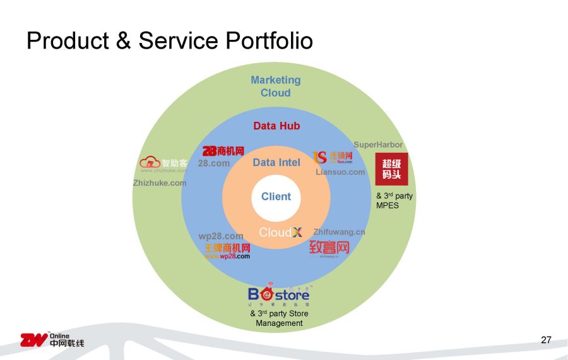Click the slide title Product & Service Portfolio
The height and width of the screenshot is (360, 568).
[x=170, y=40]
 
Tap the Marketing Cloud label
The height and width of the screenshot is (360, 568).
[x=276, y=87]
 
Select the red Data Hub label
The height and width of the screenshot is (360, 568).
[x=276, y=126]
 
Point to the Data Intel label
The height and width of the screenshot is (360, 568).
[x=276, y=162]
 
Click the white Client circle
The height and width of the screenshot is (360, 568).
[x=276, y=196]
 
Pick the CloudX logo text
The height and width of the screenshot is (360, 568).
[x=280, y=232]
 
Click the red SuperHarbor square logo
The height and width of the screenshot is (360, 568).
[x=391, y=169]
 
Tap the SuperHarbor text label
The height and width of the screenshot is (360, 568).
[x=378, y=145]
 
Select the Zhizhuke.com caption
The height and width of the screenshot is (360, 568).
[x=160, y=183]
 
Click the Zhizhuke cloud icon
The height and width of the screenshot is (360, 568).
[x=150, y=163]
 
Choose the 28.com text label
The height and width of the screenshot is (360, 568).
[x=214, y=163]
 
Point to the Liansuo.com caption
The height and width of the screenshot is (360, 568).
[x=340, y=172]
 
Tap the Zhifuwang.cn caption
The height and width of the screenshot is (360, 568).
[x=339, y=232]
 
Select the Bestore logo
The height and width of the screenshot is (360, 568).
[x=278, y=294]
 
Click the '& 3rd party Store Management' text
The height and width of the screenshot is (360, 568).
[x=279, y=318]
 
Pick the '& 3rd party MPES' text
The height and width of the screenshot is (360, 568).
[x=394, y=200]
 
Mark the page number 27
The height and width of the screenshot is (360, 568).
[x=546, y=340]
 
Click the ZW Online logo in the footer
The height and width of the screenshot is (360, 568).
[x=52, y=340]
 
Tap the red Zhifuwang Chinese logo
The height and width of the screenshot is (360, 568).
[x=329, y=248]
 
